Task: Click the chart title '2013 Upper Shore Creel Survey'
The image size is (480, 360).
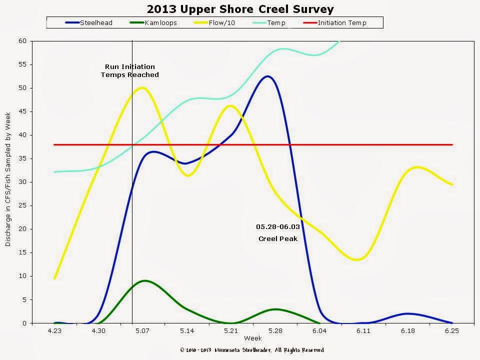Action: point(240,9)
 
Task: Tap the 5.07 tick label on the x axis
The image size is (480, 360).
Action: point(142,331)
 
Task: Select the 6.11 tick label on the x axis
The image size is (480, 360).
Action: point(361,331)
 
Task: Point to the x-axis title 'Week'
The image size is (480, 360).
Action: point(252,338)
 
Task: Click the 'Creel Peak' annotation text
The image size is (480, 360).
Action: point(277,238)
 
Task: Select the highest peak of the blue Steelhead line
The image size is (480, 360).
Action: point(268,76)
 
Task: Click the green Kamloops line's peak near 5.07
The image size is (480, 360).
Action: point(144,281)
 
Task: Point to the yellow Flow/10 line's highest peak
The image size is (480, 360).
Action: point(142,88)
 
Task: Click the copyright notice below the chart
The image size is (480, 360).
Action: point(252,350)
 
